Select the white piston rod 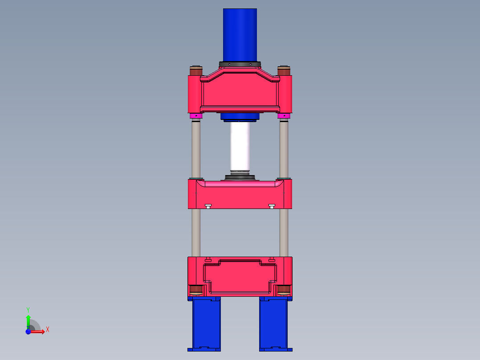tap(240, 147)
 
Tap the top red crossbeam tap(240, 91)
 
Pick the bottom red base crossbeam tap(240, 276)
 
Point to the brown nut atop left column tap(196, 71)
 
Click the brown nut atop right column tap(284, 71)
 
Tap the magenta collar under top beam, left tap(196, 116)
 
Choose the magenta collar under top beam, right tap(284, 116)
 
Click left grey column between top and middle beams tap(196, 149)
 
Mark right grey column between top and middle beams tap(284, 149)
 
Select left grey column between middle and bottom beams tap(196, 232)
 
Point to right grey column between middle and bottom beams tap(284, 232)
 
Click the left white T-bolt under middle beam tap(207, 206)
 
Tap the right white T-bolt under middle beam tap(272, 206)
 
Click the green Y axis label tap(28, 309)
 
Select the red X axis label tap(47, 330)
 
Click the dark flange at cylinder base tap(240, 64)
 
